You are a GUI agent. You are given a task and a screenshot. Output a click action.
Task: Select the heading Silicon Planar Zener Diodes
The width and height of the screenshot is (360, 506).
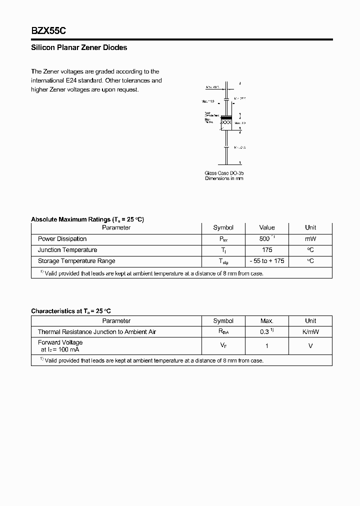click(79, 48)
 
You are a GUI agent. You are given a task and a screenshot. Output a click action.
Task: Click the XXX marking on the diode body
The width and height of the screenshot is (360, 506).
click(226, 122)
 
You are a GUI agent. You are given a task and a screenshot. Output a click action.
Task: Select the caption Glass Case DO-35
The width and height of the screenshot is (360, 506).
click(224, 173)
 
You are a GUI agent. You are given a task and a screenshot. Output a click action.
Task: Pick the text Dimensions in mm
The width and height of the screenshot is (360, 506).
click(224, 178)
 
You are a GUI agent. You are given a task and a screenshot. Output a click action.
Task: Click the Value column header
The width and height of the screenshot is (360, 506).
click(266, 227)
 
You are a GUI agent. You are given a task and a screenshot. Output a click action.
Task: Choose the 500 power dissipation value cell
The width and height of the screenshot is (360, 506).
click(265, 239)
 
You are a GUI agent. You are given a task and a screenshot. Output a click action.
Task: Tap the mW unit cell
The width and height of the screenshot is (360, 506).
click(310, 239)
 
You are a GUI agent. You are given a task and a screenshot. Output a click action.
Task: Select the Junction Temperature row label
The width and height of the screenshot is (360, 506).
click(67, 250)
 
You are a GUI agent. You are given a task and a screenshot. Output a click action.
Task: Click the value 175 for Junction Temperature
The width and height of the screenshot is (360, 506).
click(266, 250)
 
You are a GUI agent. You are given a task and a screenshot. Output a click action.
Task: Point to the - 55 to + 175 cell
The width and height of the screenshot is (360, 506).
click(266, 261)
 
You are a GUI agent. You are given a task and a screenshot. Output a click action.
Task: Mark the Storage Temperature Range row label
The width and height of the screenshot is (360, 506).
click(76, 261)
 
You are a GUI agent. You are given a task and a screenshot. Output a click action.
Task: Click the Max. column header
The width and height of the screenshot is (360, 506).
click(266, 321)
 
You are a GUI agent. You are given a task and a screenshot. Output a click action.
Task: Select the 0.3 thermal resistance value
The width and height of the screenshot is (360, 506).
click(265, 332)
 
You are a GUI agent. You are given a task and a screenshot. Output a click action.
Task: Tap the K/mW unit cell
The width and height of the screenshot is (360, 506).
click(310, 332)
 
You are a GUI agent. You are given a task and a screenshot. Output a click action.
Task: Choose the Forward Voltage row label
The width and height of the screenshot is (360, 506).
click(60, 342)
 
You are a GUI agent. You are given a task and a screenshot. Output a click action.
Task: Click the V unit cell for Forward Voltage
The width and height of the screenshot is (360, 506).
click(310, 346)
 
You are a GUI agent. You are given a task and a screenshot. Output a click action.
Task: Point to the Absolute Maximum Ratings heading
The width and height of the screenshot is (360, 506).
click(87, 219)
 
